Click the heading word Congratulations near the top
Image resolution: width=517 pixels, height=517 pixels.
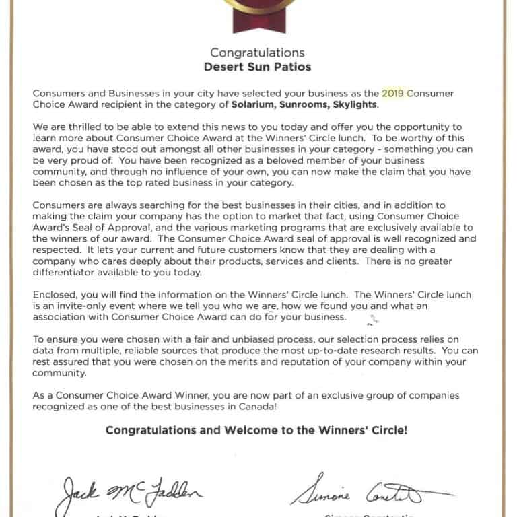pos(257,53)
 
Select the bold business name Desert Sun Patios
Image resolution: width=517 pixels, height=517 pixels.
pos(257,67)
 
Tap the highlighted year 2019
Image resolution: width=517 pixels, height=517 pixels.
pos(394,93)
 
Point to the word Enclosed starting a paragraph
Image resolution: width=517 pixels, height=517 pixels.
pos(54,294)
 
